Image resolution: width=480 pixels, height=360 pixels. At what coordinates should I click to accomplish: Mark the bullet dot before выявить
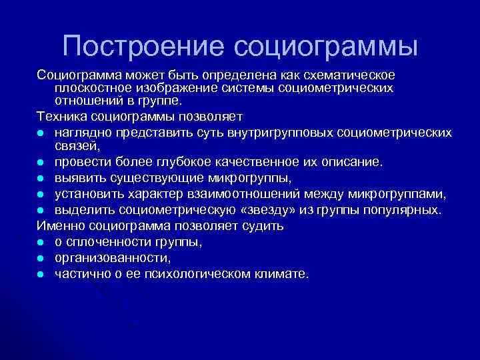click(41, 179)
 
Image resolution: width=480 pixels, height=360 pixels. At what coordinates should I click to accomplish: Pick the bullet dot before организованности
click(41, 258)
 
